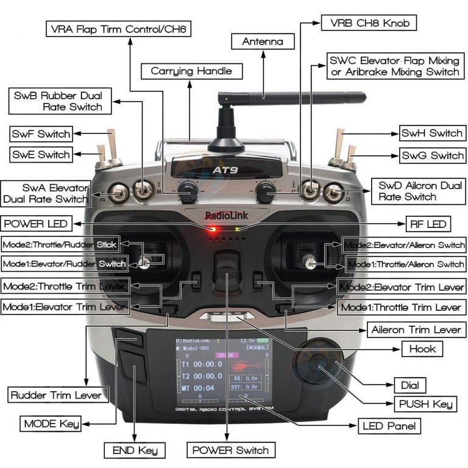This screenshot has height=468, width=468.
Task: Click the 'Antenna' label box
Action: tap(263, 41)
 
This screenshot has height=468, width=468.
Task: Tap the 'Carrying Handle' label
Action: tap(191, 71)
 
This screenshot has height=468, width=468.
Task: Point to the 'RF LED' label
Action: tap(428, 224)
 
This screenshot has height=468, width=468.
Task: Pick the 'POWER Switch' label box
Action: tap(230, 450)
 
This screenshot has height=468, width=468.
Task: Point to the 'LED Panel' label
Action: tap(388, 425)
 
